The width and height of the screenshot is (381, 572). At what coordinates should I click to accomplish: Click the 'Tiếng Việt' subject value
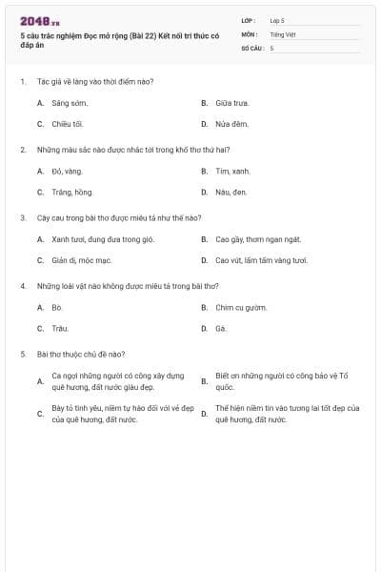(283, 33)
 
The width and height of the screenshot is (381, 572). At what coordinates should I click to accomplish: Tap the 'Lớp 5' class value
(277, 20)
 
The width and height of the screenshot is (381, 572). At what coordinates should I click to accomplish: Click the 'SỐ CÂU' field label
(251, 47)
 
